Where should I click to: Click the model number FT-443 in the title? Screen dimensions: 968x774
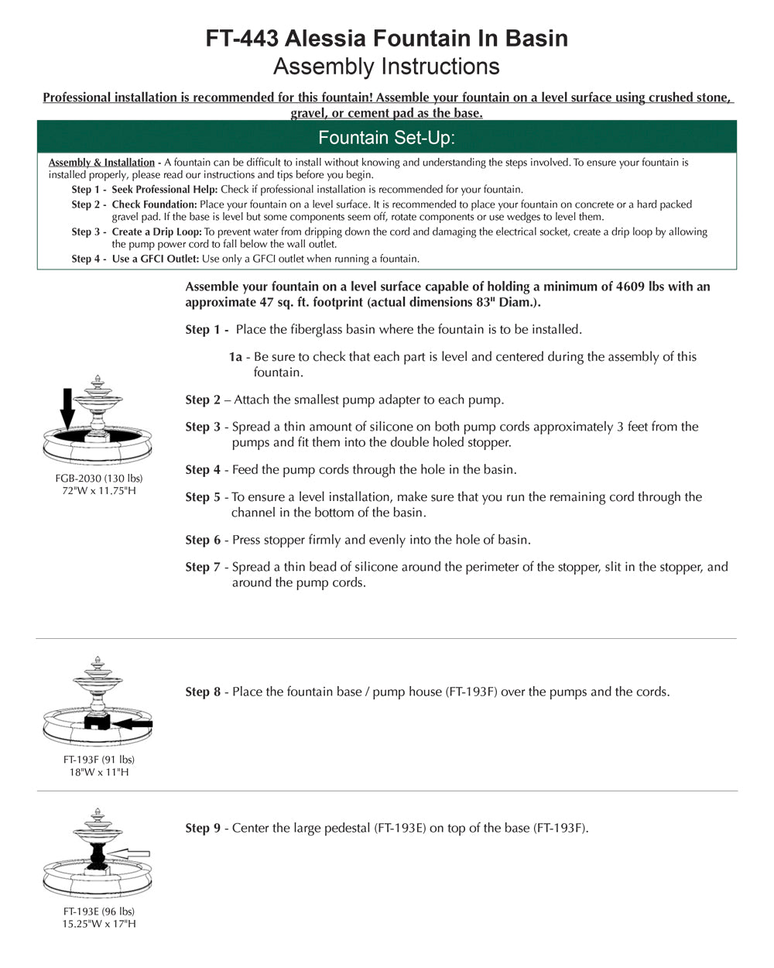[242, 39]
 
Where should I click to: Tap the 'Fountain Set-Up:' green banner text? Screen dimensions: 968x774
[386, 138]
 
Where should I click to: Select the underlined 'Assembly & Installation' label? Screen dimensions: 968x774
[101, 163]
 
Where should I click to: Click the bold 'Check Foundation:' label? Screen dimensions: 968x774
[155, 204]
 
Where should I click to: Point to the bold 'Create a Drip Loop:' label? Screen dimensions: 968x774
[156, 232]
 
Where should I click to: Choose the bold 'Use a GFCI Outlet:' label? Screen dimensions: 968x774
[156, 259]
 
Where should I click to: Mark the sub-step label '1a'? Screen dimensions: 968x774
[235, 357]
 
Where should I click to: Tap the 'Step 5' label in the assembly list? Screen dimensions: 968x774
[203, 497]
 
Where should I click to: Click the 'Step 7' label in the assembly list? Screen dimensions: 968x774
[203, 567]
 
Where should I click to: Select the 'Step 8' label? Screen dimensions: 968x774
[203, 692]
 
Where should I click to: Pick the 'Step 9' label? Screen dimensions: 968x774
[203, 828]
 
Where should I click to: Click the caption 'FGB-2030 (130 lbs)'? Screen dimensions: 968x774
[99, 478]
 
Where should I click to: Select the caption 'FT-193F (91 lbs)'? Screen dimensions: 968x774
[99, 760]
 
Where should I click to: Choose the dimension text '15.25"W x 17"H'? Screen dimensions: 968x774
[99, 924]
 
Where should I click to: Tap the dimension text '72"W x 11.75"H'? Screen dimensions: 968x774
[99, 491]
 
